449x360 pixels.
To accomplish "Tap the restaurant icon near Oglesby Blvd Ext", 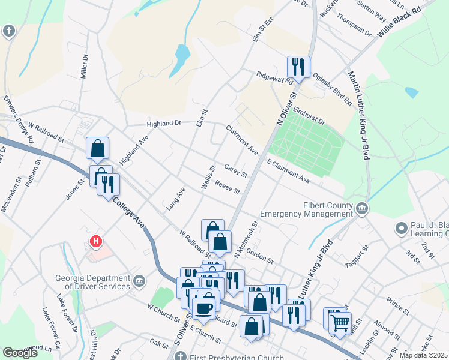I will coord(298,66).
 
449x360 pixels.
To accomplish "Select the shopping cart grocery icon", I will coord(340,322).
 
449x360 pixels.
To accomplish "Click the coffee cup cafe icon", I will coord(205,308).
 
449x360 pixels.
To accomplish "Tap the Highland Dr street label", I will coord(164,123).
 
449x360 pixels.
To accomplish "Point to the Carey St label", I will coord(235,170).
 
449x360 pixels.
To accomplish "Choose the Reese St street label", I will coord(228,187).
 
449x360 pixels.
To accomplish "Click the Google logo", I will coord(20,353).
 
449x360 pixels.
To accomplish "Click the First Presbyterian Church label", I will coord(229,356).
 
